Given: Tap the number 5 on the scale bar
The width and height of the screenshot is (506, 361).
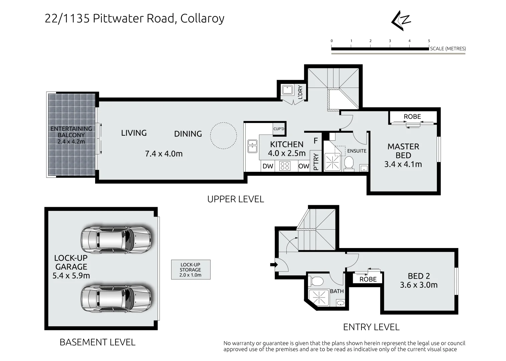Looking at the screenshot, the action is (x=429, y=41).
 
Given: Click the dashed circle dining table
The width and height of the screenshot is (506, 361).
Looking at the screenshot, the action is (x=223, y=136).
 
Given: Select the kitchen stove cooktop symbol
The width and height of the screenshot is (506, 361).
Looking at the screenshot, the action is (x=285, y=166).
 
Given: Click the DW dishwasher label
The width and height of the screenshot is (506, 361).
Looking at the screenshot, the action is (x=268, y=166).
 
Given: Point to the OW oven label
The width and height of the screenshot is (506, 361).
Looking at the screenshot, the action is (x=304, y=166).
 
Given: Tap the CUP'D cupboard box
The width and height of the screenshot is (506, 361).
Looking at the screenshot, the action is (x=279, y=129).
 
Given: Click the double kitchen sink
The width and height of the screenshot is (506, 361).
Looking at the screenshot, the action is (x=252, y=146).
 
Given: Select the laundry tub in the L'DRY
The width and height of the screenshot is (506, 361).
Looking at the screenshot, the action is (x=287, y=90).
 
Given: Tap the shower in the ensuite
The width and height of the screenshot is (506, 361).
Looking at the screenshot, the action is (x=332, y=162).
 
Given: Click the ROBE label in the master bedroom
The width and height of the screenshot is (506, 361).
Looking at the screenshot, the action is (x=412, y=117).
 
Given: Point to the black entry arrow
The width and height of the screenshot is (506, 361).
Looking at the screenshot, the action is (x=274, y=264).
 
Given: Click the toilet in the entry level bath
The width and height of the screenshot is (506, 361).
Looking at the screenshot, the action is (x=317, y=281).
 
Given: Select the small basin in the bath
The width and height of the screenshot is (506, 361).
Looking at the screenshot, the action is (x=340, y=303).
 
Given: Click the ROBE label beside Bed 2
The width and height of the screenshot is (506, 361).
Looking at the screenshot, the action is (x=368, y=279).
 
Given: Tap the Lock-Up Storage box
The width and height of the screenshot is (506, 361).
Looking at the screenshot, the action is (x=191, y=269).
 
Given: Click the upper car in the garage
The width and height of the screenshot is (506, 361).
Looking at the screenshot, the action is (x=116, y=240).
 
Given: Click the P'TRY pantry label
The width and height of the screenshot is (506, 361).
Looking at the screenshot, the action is (x=316, y=161).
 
